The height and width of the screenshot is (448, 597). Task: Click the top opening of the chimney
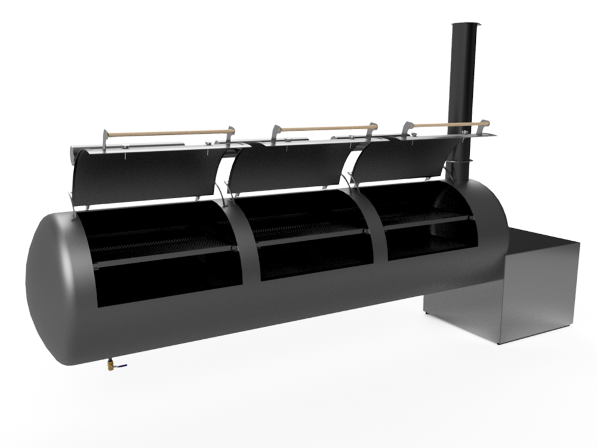pyautogui.click(x=465, y=24)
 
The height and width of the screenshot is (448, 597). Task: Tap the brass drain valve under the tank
pyautogui.click(x=111, y=364)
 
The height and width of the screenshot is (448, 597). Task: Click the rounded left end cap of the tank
pyautogui.click(x=51, y=287)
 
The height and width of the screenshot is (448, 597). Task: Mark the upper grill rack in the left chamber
pyautogui.click(x=161, y=242)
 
